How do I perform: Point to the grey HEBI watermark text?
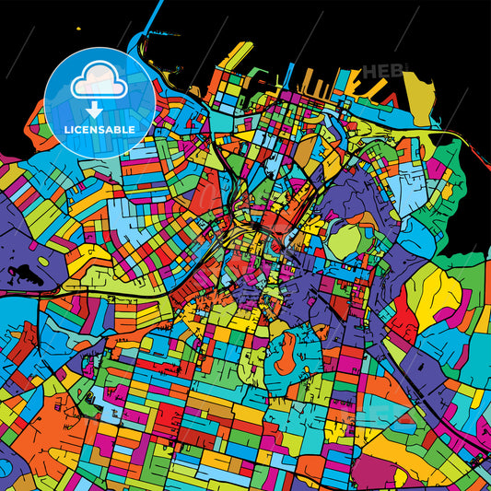pyautogui.click(x=379, y=71)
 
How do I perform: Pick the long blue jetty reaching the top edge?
pyautogui.click(x=143, y=41)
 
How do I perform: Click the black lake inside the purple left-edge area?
pyautogui.click(x=19, y=271)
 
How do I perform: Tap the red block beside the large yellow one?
pyautogui.click(x=403, y=322)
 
